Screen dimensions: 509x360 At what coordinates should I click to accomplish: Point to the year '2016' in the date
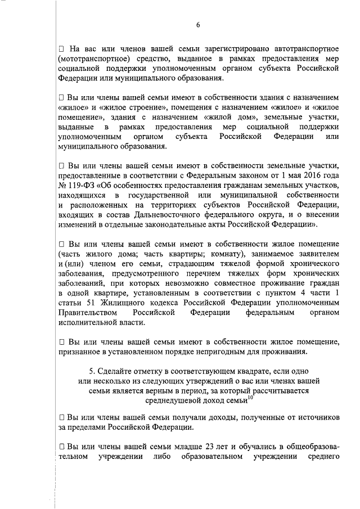point(304,175)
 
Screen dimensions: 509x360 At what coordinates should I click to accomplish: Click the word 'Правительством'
point(87,312)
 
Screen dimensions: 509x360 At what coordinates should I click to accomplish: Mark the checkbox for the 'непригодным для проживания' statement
point(61,342)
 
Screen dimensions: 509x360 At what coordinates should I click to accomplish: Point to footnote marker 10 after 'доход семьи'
point(251,397)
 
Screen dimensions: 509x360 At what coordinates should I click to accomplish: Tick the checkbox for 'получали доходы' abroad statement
point(61,417)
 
